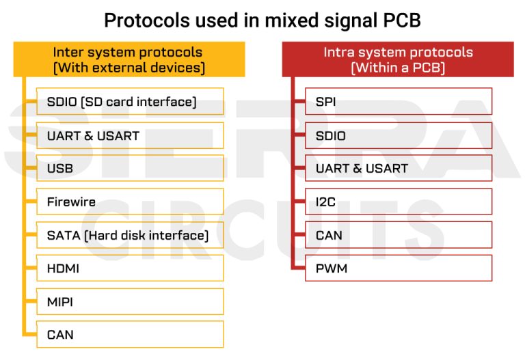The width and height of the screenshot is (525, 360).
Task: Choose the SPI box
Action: [x=398, y=102]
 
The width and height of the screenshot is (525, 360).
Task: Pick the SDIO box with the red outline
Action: [x=398, y=135]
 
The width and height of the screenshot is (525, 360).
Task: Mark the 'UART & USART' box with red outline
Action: [x=398, y=169]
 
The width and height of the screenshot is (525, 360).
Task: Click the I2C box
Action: [x=398, y=202]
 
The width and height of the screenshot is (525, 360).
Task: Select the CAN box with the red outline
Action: [x=398, y=235]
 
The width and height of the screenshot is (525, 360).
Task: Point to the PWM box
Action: [x=398, y=268]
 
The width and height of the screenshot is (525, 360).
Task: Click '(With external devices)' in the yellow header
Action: [x=129, y=68]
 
